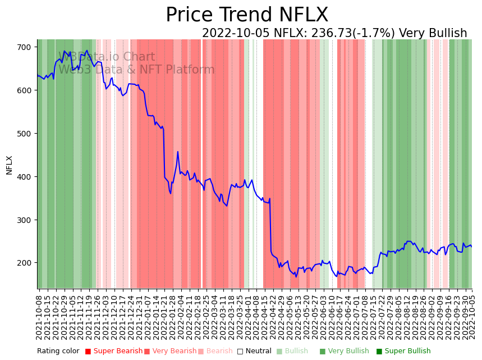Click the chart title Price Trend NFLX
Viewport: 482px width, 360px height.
click(x=247, y=15)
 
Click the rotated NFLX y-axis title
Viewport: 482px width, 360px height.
click(x=10, y=165)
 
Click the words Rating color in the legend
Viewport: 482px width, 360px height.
click(x=58, y=352)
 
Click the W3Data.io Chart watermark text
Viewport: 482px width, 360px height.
click(x=107, y=57)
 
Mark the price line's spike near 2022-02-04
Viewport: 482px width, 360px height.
click(x=178, y=152)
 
